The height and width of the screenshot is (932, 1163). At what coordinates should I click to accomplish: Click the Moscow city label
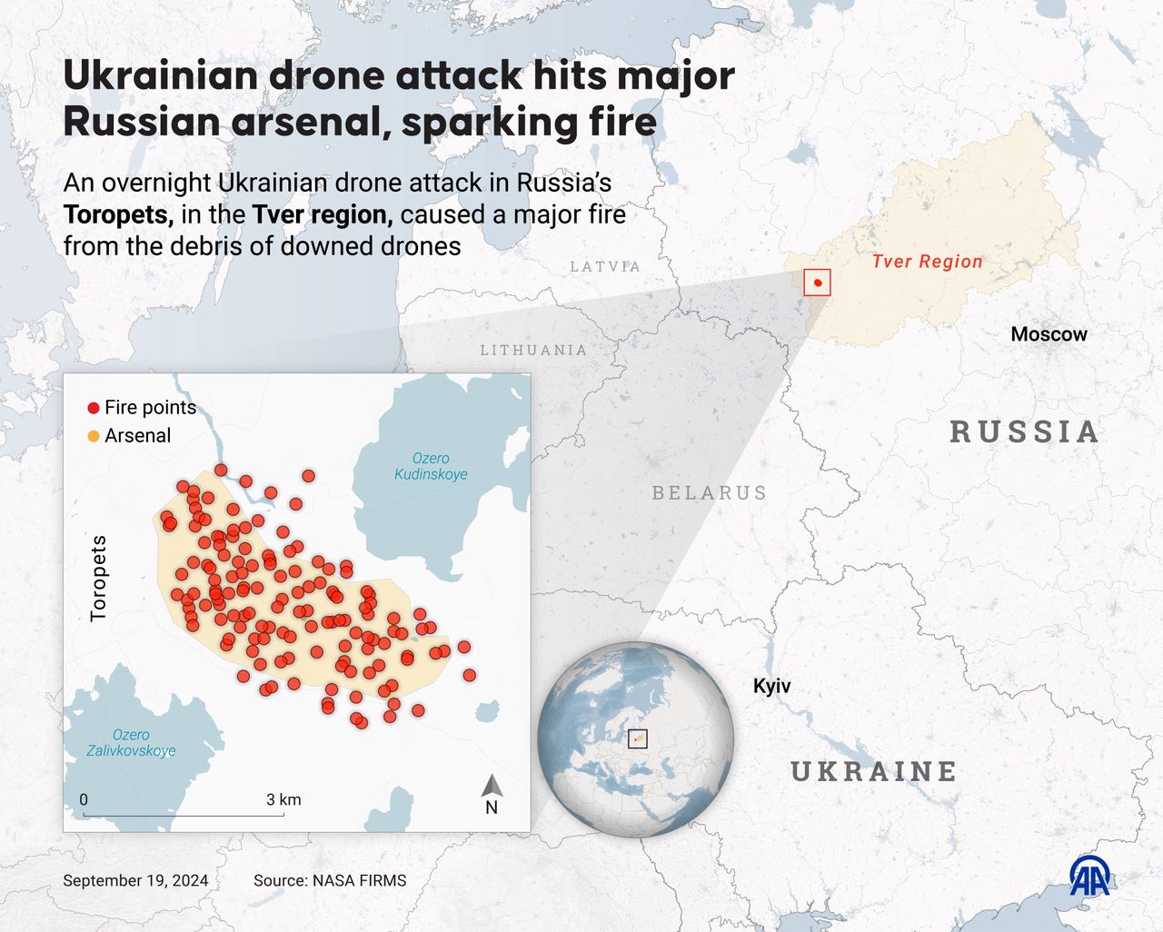[1049, 334]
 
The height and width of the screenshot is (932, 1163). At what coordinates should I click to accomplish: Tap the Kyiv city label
[771, 686]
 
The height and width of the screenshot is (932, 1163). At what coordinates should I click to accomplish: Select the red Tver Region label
[927, 262]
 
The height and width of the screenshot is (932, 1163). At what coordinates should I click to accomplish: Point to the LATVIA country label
[605, 266]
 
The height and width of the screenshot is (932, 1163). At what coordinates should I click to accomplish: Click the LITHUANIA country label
[533, 350]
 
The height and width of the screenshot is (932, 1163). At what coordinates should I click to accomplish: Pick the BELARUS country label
[710, 492]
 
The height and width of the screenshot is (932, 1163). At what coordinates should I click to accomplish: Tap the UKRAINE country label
[874, 771]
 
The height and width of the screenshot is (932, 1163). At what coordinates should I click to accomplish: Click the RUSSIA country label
[1025, 431]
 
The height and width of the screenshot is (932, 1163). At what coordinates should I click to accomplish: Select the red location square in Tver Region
[818, 283]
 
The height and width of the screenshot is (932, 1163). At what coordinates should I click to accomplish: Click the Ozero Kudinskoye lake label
[431, 466]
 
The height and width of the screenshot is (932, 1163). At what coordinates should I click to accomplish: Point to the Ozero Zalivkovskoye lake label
[131, 743]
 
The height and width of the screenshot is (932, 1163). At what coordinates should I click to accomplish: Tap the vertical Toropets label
[98, 578]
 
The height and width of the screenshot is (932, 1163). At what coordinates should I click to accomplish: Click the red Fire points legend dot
[93, 408]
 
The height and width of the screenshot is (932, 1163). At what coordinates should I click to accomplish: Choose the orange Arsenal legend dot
[93, 436]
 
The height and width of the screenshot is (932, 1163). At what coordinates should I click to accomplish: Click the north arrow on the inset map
[492, 788]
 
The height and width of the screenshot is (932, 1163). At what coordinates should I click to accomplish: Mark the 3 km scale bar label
[283, 799]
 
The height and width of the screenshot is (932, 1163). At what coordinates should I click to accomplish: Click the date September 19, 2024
[135, 880]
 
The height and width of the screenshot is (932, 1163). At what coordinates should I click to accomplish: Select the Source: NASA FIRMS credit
[330, 880]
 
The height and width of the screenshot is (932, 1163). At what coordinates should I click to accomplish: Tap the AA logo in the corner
[1089, 877]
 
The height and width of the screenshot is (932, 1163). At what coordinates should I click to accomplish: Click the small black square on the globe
[638, 739]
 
